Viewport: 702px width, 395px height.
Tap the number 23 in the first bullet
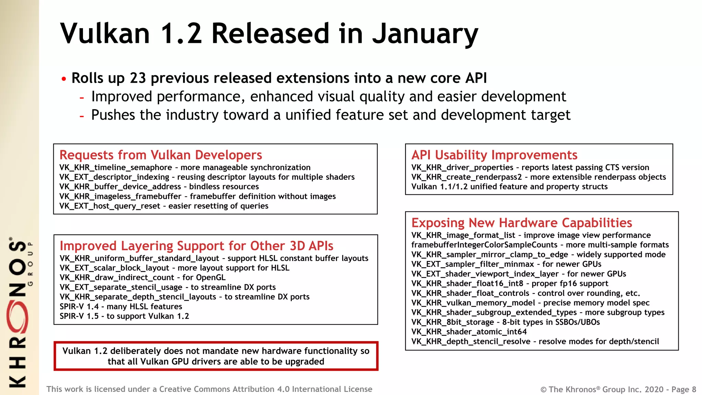point(138,78)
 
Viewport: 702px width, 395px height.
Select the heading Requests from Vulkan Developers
point(161,155)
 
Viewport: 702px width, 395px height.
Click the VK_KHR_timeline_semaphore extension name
point(116,168)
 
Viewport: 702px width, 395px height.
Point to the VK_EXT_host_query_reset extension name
point(110,206)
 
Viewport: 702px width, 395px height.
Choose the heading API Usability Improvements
point(494,155)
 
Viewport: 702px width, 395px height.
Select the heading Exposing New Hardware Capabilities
point(522,223)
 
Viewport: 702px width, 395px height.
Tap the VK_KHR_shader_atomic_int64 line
point(469,332)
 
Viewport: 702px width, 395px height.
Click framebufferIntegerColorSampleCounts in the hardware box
point(484,245)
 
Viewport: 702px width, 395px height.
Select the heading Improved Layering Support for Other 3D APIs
point(196,246)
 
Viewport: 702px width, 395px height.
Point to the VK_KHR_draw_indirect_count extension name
point(117,278)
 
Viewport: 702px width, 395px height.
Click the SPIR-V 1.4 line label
point(79,307)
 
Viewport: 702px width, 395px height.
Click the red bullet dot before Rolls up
point(64,79)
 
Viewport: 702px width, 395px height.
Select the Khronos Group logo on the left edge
point(19,312)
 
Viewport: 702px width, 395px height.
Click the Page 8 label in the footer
point(683,390)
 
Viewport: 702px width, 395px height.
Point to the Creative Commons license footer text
point(209,389)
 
